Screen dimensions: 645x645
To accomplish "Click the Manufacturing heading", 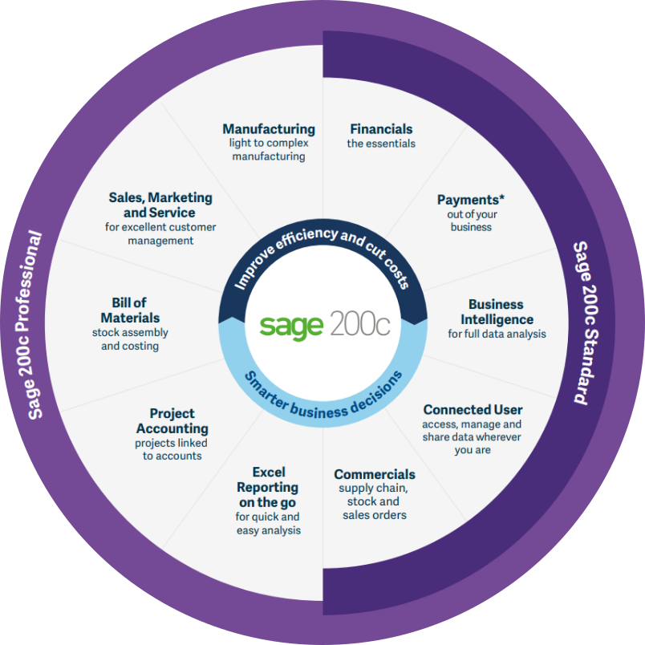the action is click(x=269, y=129).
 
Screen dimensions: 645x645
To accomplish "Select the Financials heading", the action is click(x=381, y=129).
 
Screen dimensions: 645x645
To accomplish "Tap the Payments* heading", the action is click(x=471, y=200).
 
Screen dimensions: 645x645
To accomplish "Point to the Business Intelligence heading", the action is click(x=497, y=312).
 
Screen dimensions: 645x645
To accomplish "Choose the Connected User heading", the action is click(x=473, y=410).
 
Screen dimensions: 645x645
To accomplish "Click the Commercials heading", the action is click(x=375, y=474).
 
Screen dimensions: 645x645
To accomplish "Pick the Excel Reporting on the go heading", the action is click(x=268, y=488).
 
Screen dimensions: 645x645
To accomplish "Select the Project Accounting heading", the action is click(x=172, y=421).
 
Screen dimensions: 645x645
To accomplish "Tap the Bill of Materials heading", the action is click(x=130, y=310).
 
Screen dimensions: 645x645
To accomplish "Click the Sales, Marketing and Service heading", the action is click(x=160, y=205).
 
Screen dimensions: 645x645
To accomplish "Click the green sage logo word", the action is click(x=291, y=327).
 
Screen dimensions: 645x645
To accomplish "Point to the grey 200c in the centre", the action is click(x=359, y=323).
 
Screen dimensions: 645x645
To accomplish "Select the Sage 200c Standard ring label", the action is click(x=587, y=323).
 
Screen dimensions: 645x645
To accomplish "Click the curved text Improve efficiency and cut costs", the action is click(x=322, y=246).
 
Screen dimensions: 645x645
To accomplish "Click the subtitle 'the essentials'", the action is click(x=381, y=144).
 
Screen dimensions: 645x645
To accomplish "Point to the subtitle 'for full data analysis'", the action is click(x=497, y=334).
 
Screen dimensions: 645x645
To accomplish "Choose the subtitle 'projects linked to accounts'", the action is click(x=172, y=449).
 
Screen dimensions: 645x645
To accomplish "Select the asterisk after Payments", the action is click(x=502, y=197).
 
